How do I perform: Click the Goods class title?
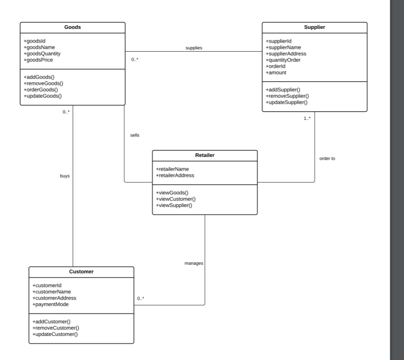pos(73,27)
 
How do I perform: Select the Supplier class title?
pos(314,27)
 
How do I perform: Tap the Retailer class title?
pos(204,155)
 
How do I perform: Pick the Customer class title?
pos(81,272)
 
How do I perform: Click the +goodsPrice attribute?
pos(38,60)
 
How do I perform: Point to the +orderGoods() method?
pos(41,90)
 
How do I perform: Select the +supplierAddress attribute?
pos(286,54)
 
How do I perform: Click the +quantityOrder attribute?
pos(283,60)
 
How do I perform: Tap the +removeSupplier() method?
pos(287,96)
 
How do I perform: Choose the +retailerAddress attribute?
pos(175,175)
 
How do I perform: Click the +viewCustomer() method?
pos(175,199)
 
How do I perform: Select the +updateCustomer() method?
pos(55,334)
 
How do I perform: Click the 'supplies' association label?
pos(194,48)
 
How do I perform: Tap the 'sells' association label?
pos(135,135)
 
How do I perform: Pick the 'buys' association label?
pos(65,176)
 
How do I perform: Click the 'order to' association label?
pos(327,158)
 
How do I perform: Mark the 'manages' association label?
pos(193,263)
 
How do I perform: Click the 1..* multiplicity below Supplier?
pos(307,118)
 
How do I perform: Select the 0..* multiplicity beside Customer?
pos(140,298)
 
